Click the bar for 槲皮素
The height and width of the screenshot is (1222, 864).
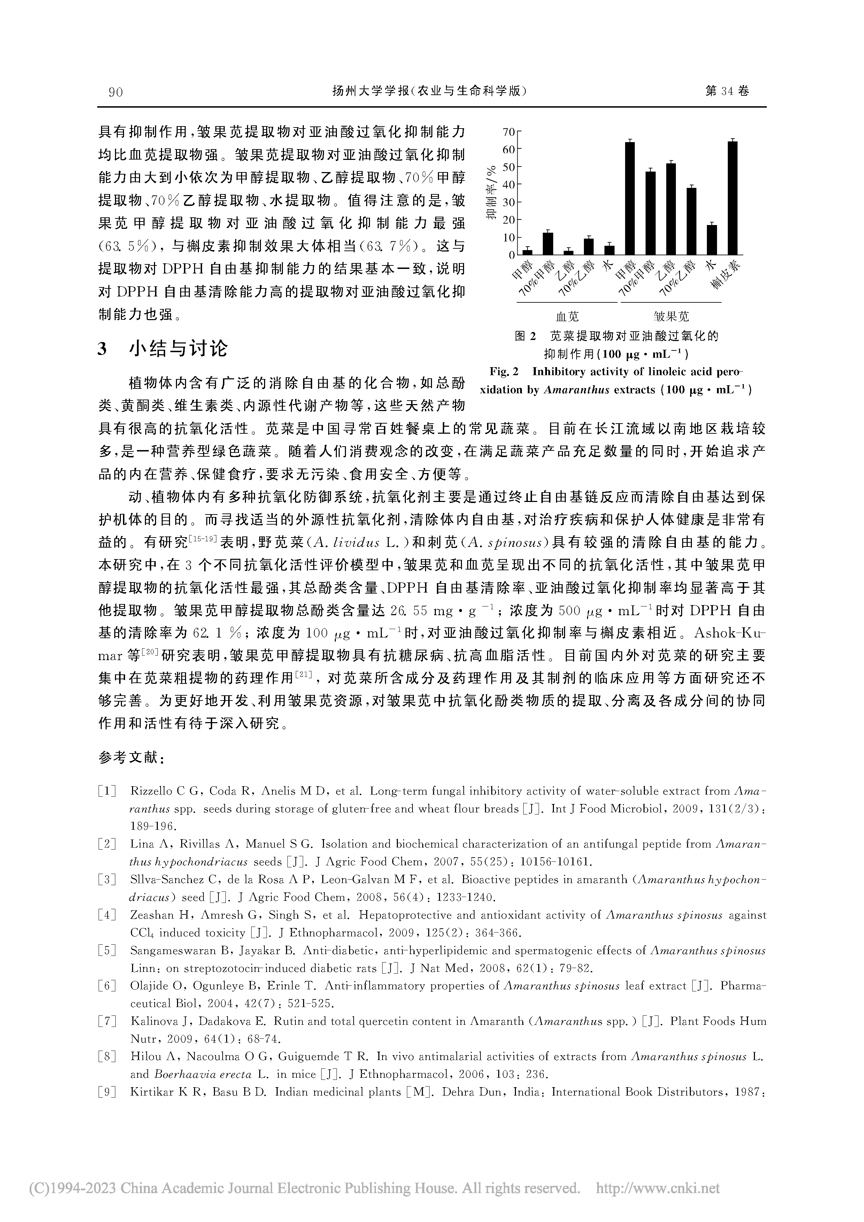coord(733,198)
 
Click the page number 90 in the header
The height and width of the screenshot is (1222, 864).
coord(116,92)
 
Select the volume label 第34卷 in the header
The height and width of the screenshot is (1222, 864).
coord(727,92)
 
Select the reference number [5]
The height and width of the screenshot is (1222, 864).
coord(107,951)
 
